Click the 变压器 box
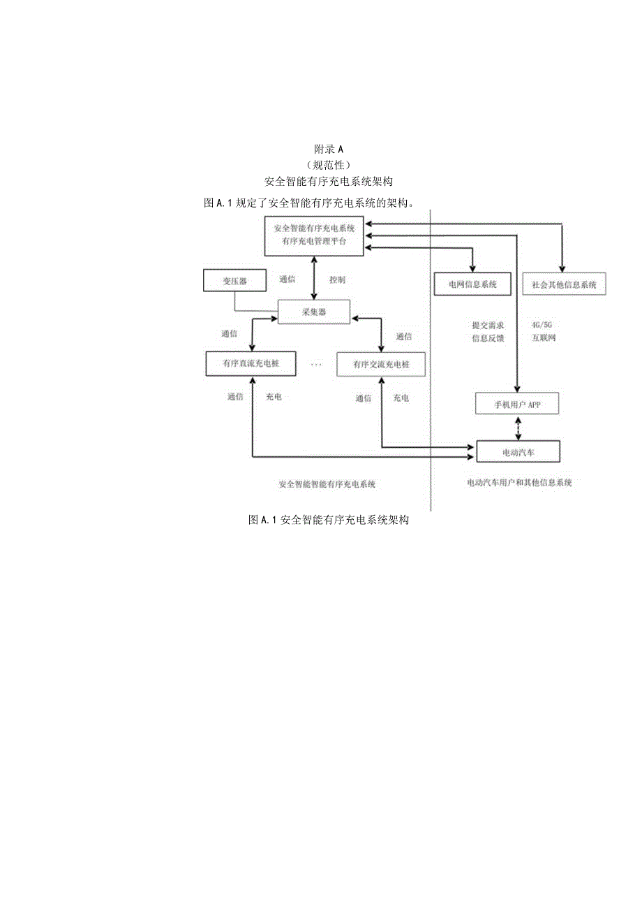click(x=235, y=281)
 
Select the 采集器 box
click(x=314, y=312)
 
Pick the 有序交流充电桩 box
click(x=380, y=364)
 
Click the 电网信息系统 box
click(x=473, y=284)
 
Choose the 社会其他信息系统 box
click(x=564, y=284)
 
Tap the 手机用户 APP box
click(x=516, y=405)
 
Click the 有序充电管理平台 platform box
click(x=314, y=235)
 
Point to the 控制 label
click(x=337, y=279)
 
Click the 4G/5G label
click(x=541, y=325)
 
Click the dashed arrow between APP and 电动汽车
click(x=517, y=428)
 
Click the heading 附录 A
click(x=329, y=149)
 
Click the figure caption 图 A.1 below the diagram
click(x=328, y=521)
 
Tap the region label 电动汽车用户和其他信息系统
click(x=519, y=483)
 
